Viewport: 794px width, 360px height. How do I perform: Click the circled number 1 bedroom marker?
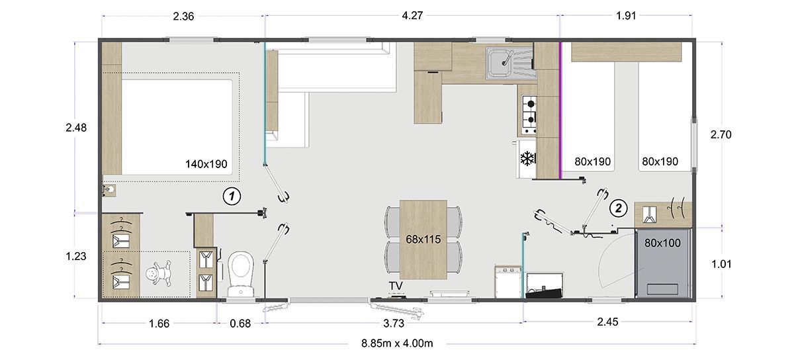[232, 196]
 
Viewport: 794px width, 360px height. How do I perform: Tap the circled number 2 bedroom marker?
[618, 208]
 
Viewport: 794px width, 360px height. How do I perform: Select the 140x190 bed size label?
[206, 164]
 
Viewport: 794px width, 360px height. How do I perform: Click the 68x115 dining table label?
[423, 240]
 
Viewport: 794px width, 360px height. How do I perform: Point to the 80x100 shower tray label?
[662, 243]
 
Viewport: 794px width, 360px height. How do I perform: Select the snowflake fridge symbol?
[527, 159]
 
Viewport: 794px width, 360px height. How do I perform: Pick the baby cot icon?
[158, 274]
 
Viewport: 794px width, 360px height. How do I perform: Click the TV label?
[396, 286]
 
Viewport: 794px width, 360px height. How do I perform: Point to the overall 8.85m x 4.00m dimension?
[397, 343]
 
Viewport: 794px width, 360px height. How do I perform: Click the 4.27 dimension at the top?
[412, 16]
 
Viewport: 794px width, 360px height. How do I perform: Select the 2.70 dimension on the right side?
[721, 134]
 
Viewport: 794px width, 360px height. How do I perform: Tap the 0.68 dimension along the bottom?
[240, 324]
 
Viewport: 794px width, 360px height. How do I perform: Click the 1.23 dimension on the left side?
[76, 256]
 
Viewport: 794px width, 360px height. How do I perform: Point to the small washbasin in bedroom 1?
[109, 191]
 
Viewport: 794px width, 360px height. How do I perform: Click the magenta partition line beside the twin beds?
[560, 110]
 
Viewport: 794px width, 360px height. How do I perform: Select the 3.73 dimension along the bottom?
[394, 324]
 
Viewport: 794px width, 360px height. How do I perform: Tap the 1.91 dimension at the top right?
[626, 16]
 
